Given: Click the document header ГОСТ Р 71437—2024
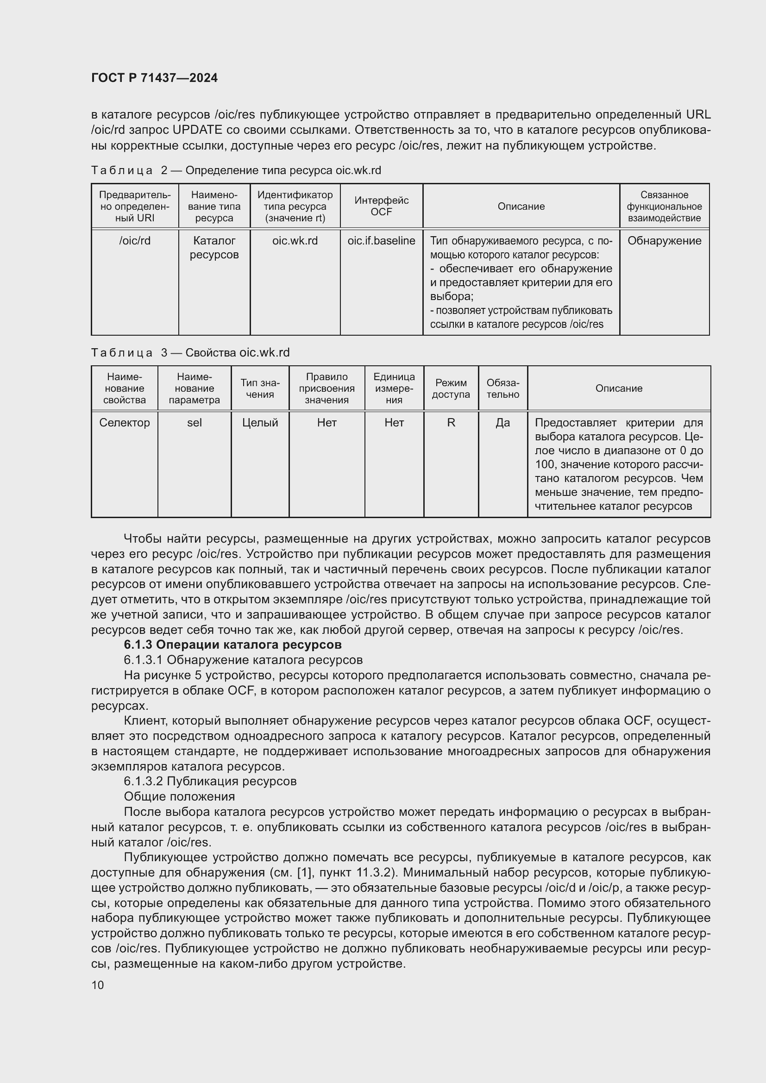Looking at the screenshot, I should click(x=154, y=78).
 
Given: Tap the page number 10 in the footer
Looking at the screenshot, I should click(x=98, y=985).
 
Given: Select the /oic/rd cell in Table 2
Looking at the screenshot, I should click(x=135, y=241).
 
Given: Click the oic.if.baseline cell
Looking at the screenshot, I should click(x=381, y=241).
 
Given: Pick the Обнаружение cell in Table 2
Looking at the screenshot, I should click(x=664, y=241).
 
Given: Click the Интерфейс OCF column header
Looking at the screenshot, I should click(x=381, y=206).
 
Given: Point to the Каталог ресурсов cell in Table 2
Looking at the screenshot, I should click(x=214, y=248).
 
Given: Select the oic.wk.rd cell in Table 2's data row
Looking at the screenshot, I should click(x=295, y=241).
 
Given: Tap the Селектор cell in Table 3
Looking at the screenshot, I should click(x=125, y=423).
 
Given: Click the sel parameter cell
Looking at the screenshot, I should click(x=195, y=423).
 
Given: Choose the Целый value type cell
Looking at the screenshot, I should click(x=260, y=423).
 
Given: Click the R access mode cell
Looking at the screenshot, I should click(x=451, y=423).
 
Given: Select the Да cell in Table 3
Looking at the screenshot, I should click(x=503, y=423).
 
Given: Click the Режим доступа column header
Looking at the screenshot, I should click(x=451, y=388).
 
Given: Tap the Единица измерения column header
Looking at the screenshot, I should click(x=394, y=388).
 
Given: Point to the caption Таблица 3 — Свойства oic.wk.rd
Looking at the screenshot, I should click(x=190, y=352).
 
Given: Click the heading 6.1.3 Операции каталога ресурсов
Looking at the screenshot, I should click(x=232, y=645).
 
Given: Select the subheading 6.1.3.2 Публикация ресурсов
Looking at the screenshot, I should click(x=210, y=781).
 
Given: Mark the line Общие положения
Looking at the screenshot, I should click(x=179, y=797).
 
